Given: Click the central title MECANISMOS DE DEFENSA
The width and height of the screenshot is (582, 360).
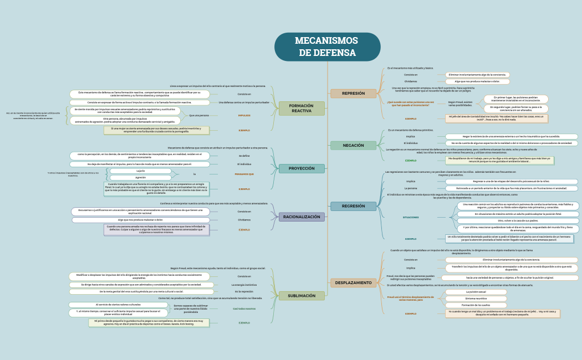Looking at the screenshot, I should [327, 47].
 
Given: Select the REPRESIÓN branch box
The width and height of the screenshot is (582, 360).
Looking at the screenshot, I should [353, 93].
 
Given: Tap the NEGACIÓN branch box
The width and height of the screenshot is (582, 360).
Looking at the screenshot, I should [353, 145].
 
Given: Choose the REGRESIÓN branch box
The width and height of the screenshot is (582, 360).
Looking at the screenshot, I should [353, 206].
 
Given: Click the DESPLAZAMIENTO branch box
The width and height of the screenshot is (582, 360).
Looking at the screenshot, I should [353, 282].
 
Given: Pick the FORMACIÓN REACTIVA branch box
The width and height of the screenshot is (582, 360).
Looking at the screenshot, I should [302, 108].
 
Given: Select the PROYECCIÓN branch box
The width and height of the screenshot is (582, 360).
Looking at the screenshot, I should [302, 168].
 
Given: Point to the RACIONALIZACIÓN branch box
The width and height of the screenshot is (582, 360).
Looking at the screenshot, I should [302, 217].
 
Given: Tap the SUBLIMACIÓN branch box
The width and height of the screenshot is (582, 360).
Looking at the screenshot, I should [302, 296].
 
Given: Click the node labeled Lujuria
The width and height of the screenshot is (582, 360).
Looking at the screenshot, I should [140, 171].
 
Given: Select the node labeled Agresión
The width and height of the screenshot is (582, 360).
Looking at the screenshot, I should [140, 177].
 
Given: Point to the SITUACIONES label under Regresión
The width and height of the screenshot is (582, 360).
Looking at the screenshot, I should [411, 217].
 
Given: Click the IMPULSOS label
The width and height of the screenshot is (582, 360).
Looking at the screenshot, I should [244, 115].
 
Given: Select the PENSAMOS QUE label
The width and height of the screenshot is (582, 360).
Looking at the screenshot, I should [244, 174].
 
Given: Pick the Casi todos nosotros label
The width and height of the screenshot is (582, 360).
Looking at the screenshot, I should [244, 308].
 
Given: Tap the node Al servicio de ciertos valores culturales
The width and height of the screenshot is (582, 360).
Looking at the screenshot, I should [118, 305].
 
